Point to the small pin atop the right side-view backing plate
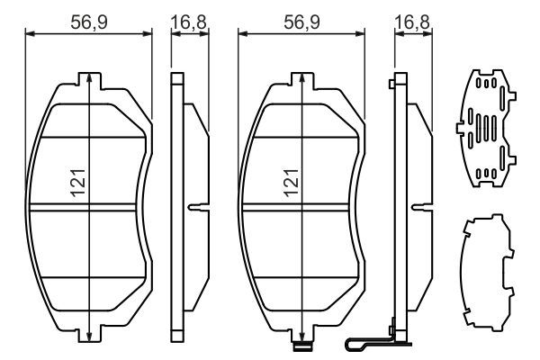tap(391, 85)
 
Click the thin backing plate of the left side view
tap(176, 207)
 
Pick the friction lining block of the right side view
tap(419, 207)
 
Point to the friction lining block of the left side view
tap(194, 162)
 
